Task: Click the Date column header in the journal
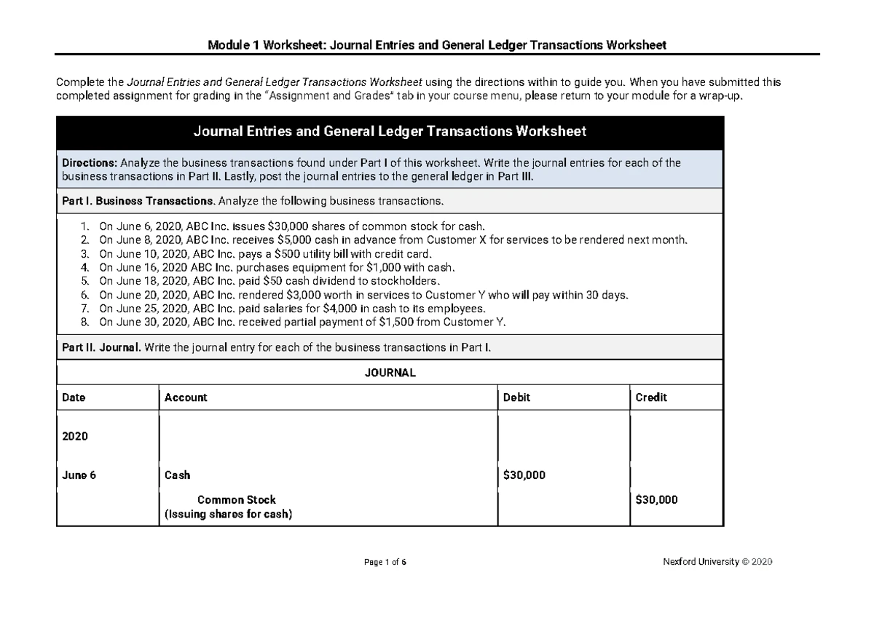74,397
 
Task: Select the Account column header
186,397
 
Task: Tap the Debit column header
516,397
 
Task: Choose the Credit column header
651,397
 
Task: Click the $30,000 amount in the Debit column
524,475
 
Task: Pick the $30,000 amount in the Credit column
656,500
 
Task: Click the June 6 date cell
79,475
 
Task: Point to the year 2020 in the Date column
75,436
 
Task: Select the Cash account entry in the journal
178,475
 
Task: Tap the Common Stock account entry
237,500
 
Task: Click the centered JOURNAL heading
390,373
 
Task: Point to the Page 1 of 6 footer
390,562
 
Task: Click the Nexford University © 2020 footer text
717,562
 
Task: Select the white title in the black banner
390,132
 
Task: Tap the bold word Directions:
90,163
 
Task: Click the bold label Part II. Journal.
101,348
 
